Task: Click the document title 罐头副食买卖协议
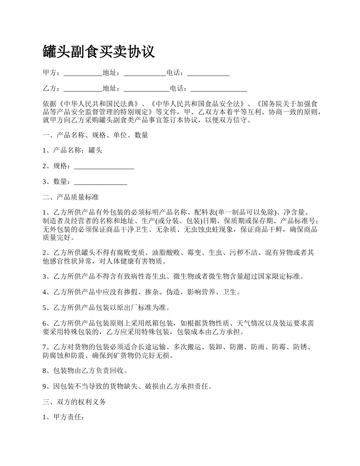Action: tap(99, 52)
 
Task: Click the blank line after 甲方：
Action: tap(83, 73)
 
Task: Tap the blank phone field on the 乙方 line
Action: tap(219, 89)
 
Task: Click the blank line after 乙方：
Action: tap(83, 89)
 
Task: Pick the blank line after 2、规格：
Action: tap(104, 166)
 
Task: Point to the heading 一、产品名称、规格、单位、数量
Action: tap(95, 135)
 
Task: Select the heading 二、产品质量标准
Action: tap(71, 197)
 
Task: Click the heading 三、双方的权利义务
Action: tap(74, 402)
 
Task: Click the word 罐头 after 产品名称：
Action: tap(95, 150)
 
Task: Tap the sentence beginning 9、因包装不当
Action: tap(127, 386)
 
